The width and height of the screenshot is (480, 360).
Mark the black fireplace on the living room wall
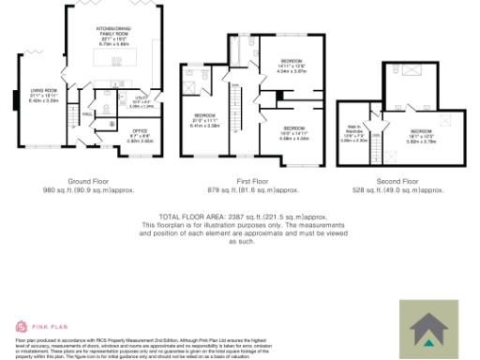coord(14,97)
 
